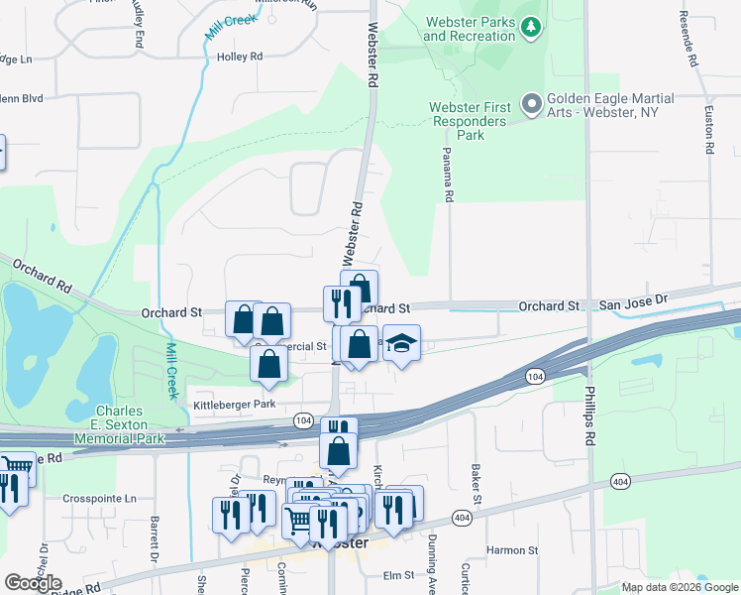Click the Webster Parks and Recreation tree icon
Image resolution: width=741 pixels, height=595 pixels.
(532, 28)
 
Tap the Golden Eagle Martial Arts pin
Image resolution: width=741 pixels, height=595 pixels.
(532, 103)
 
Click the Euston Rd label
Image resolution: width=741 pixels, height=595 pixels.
(709, 130)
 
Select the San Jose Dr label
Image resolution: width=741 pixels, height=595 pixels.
(635, 297)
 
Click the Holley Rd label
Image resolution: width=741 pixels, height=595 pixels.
(240, 58)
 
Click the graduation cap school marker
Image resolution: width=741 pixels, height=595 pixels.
(401, 343)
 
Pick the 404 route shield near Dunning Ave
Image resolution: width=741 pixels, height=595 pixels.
(462, 518)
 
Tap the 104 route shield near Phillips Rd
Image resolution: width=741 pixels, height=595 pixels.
(535, 377)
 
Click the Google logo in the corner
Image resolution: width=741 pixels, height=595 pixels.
(33, 583)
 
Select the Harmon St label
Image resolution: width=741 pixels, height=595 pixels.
(511, 549)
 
